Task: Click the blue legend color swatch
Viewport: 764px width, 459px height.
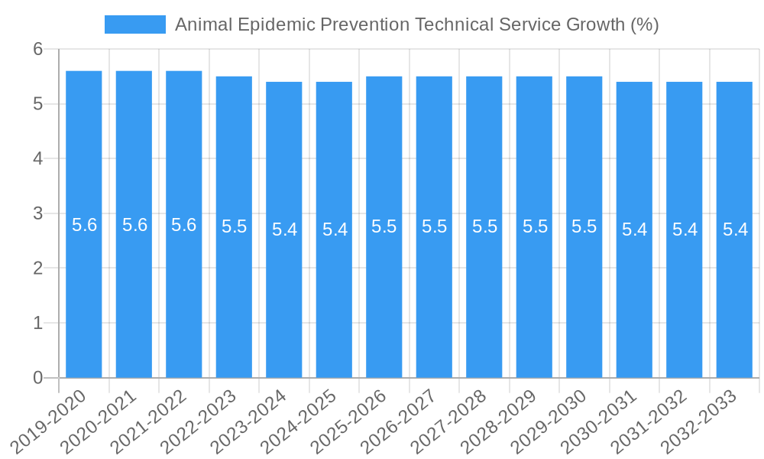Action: tap(135, 24)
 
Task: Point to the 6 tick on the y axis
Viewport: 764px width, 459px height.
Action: tap(38, 49)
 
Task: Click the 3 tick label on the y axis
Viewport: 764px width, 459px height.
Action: tap(38, 213)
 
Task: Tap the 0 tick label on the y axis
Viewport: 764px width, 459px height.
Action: tap(38, 378)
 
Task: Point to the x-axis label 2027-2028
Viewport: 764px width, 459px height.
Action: tap(449, 422)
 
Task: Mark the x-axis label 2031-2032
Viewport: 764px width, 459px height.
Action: tap(649, 422)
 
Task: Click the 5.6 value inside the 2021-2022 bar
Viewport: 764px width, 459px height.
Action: tap(184, 225)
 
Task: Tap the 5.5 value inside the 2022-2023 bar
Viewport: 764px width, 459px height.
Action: tap(234, 226)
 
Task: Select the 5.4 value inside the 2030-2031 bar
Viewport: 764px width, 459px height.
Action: tap(634, 229)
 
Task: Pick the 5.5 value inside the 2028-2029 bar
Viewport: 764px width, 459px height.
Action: tap(534, 226)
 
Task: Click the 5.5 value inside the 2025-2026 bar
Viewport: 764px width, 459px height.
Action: tap(384, 226)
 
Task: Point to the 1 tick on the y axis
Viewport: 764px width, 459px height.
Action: tap(38, 323)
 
